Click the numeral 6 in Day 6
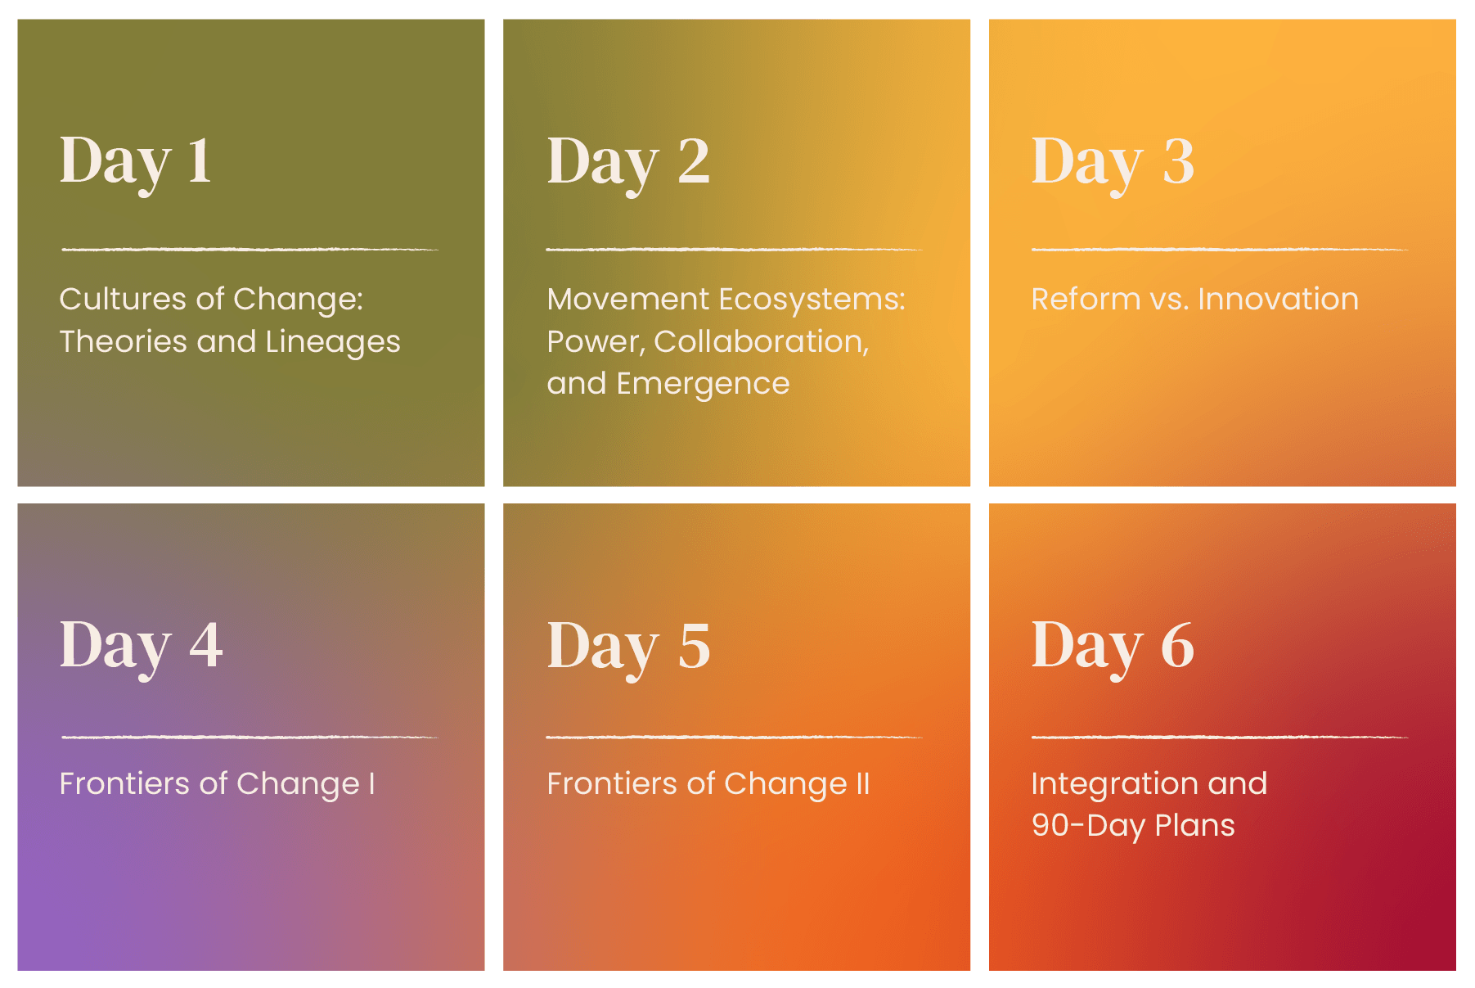(1177, 644)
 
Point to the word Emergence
(703, 385)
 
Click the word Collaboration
(762, 342)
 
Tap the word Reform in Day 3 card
(1086, 299)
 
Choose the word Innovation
(1278, 299)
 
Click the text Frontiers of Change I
(218, 784)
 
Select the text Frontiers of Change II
(708, 784)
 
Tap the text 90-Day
(1087, 826)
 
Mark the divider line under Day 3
(1220, 249)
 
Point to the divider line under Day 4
(250, 737)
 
